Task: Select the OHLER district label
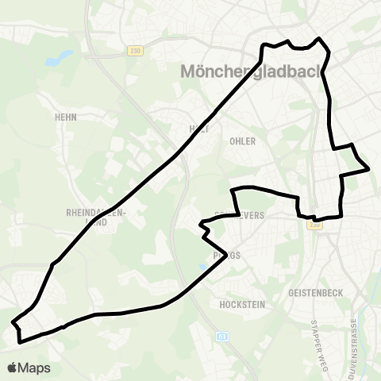242,141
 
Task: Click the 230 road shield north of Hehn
135,51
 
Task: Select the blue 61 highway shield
222,337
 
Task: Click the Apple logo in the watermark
13,368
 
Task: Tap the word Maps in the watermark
35,368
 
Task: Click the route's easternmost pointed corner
368,168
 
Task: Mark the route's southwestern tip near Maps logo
13,323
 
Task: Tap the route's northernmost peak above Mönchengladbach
319,38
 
